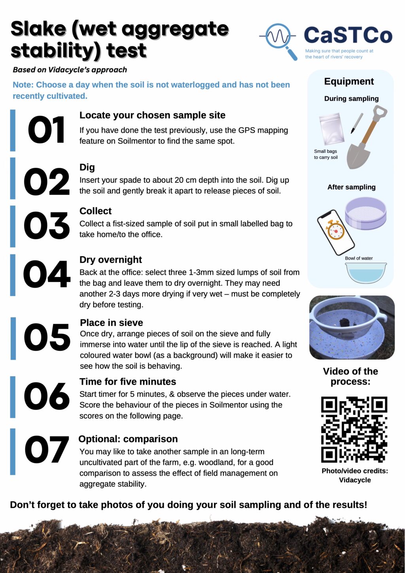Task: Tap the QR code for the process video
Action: pyautogui.click(x=354, y=429)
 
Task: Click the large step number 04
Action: pyautogui.click(x=46, y=275)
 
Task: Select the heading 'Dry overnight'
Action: pyautogui.click(x=110, y=260)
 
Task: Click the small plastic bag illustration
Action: pyautogui.click(x=329, y=129)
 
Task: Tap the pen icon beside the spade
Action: pyautogui.click(x=357, y=123)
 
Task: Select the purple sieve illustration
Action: pyautogui.click(x=365, y=213)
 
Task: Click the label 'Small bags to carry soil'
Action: pyautogui.click(x=326, y=154)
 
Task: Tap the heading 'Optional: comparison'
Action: pyautogui.click(x=128, y=439)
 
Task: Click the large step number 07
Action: pyautogui.click(x=47, y=450)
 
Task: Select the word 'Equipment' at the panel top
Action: pyautogui.click(x=349, y=82)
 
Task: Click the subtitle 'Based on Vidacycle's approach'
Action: pyautogui.click(x=70, y=70)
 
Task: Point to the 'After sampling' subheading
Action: pyautogui.click(x=351, y=187)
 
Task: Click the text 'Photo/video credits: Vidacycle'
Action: pyautogui.click(x=355, y=475)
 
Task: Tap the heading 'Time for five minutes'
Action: pyautogui.click(x=127, y=381)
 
